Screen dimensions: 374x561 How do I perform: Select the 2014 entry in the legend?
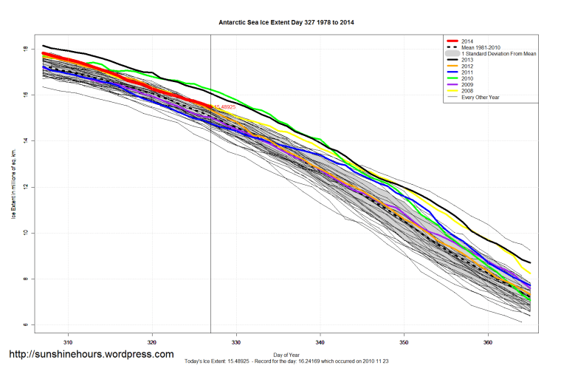pyautogui.click(x=467, y=41)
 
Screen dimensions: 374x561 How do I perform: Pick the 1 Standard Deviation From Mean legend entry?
pyautogui.click(x=497, y=55)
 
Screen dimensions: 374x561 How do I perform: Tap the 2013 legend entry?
pyautogui.click(x=467, y=61)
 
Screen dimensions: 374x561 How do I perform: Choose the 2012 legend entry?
pyautogui.click(x=467, y=67)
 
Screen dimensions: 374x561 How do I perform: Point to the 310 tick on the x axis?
pyautogui.click(x=69, y=342)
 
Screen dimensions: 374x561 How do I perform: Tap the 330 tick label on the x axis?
pyautogui.click(x=236, y=342)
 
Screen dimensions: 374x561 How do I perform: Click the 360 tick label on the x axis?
pyautogui.click(x=488, y=342)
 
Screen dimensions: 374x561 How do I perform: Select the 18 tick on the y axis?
pyautogui.click(x=26, y=49)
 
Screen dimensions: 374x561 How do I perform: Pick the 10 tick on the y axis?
pyautogui.click(x=26, y=233)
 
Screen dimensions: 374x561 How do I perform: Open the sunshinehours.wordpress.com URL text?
pyautogui.click(x=92, y=355)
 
